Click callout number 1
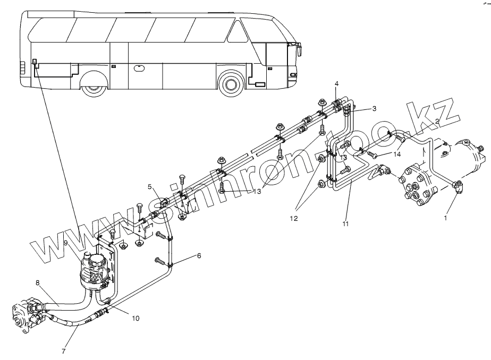coord(445,217)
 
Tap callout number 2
coord(437,121)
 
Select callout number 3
coord(374,108)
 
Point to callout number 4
coord(336,84)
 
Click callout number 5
coord(150,186)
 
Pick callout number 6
coord(199,255)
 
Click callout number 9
coord(65,243)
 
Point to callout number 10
coord(136,319)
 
